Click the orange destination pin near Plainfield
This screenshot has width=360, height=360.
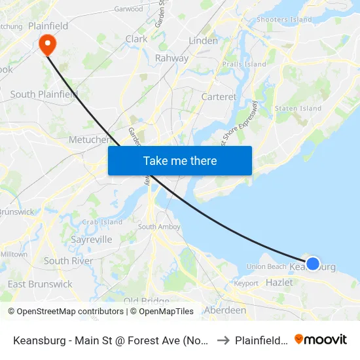click(48, 43)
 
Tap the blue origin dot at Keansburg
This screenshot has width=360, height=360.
click(313, 263)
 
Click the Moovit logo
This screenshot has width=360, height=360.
click(321, 340)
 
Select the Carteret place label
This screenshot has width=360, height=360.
click(219, 97)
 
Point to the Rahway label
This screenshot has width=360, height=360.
click(171, 58)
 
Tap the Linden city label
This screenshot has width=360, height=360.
click(203, 41)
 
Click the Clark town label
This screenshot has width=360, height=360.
click(136, 39)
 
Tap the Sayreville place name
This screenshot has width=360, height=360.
click(91, 240)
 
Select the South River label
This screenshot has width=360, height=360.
click(68, 261)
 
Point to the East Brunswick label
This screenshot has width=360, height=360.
click(40, 284)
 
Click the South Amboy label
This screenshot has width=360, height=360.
click(155, 227)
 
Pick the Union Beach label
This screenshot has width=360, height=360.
click(266, 266)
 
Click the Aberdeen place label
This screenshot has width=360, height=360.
click(225, 310)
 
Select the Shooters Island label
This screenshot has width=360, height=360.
click(284, 20)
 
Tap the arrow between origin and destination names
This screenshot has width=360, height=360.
click(222, 340)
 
